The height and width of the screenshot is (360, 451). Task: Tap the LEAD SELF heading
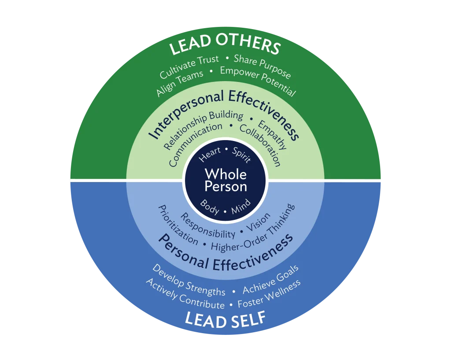click(x=225, y=319)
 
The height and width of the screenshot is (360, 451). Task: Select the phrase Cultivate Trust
click(x=189, y=66)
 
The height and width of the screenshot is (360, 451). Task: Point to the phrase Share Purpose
click(x=262, y=66)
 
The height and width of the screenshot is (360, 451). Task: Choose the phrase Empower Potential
click(x=258, y=82)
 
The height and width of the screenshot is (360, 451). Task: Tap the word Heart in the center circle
click(x=210, y=155)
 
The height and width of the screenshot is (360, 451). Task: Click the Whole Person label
click(x=225, y=180)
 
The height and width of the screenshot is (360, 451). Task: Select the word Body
click(x=210, y=207)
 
